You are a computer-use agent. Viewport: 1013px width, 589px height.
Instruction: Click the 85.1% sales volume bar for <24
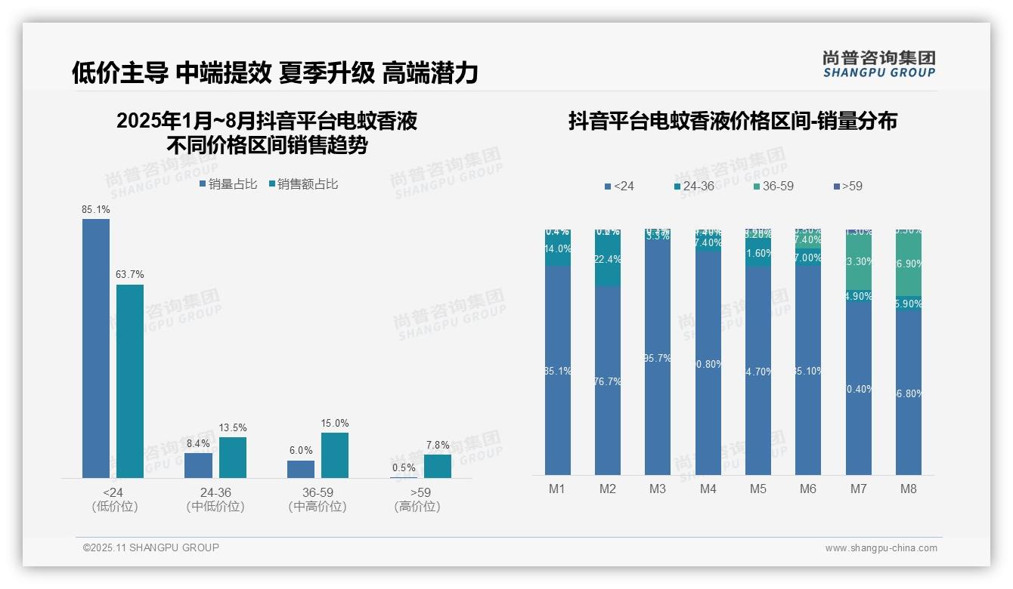[x=96, y=348]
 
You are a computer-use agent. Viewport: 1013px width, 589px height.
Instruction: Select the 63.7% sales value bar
[x=130, y=381]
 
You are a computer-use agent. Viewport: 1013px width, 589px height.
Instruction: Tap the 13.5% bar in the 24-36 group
[x=233, y=457]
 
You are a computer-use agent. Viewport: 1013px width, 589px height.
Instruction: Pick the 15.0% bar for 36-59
[x=335, y=455]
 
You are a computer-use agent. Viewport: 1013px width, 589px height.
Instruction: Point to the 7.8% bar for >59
[x=437, y=466]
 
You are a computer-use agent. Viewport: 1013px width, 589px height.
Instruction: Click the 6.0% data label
[x=301, y=450]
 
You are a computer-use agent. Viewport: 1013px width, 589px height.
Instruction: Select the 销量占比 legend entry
[x=228, y=183]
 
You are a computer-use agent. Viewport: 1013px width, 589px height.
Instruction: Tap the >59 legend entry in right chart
[x=847, y=186]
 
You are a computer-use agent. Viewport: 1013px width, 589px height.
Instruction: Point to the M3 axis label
[x=658, y=489]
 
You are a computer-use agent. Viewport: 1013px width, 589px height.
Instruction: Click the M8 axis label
[x=909, y=489]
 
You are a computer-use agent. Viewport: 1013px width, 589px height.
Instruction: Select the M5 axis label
[x=758, y=489]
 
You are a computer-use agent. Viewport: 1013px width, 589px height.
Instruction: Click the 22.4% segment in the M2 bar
[x=608, y=261]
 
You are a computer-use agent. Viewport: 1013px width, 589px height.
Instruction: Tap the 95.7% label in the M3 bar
[x=658, y=358]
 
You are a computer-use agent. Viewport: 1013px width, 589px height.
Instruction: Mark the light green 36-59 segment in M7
[x=859, y=262]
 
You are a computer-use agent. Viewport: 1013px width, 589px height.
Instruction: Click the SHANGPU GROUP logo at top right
[x=878, y=64]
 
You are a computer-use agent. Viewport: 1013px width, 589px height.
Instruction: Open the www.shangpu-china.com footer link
[x=881, y=548]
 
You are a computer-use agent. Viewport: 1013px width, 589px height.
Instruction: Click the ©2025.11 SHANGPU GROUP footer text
[x=151, y=547]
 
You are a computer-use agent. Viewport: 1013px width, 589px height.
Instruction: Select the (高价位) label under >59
[x=417, y=507]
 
